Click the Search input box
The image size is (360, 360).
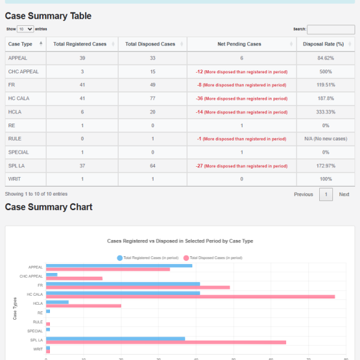(x=331, y=29)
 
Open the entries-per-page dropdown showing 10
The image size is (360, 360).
(x=26, y=29)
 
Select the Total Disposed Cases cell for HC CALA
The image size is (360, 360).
(x=151, y=98)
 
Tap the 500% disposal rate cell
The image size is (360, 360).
(x=325, y=71)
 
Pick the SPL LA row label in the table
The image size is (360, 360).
(x=17, y=166)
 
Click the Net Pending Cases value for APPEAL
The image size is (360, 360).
(x=241, y=58)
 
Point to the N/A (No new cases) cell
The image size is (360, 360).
(x=325, y=139)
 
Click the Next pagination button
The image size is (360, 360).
(x=344, y=194)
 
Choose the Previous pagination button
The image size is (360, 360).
(x=303, y=194)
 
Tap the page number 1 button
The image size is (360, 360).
(x=325, y=194)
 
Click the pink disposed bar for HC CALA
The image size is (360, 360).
(x=190, y=296)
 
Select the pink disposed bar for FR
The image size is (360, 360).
(x=138, y=287)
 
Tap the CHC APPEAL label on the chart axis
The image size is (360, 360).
(x=31, y=276)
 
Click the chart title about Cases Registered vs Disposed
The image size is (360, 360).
(x=180, y=241)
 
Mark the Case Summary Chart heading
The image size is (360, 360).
(x=49, y=207)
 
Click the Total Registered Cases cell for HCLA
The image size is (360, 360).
(x=82, y=112)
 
